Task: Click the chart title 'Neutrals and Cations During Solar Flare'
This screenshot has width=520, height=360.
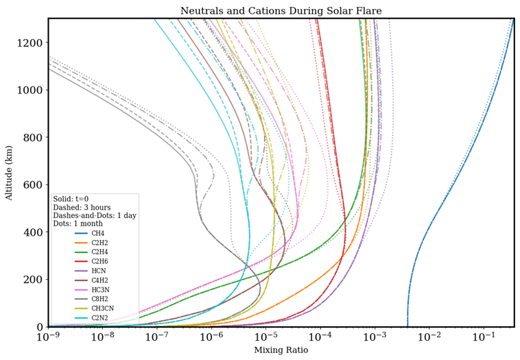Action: tap(281, 11)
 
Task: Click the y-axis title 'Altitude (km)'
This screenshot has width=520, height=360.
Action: tap(10, 172)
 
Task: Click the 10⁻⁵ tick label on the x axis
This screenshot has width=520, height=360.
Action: tap(265, 338)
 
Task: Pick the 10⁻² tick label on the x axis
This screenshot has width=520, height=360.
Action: tap(429, 338)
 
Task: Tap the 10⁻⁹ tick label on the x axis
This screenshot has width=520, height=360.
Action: tap(48, 338)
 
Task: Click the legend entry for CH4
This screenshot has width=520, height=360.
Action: tap(97, 234)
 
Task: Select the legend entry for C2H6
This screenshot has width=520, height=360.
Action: tap(98, 262)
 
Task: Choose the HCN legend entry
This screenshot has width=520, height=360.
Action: tap(97, 271)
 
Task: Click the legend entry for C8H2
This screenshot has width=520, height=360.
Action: tap(98, 299)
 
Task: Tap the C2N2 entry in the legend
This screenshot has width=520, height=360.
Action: tap(98, 318)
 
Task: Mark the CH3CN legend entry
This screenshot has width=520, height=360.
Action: tap(100, 309)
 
